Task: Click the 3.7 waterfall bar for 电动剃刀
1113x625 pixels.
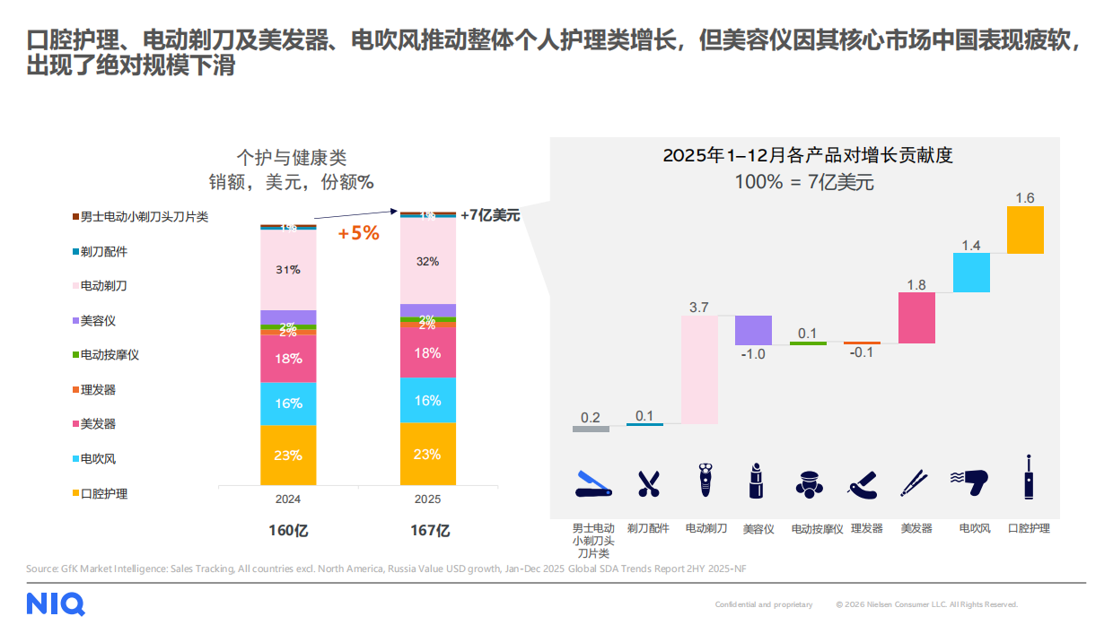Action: [x=699, y=369]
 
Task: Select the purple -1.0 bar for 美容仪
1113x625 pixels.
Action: [x=753, y=330]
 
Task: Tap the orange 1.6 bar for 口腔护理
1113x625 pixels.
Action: [x=1025, y=230]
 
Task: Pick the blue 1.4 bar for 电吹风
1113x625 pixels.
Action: [x=971, y=273]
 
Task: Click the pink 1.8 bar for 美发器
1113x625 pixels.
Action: [x=916, y=317]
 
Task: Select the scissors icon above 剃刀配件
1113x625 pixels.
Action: [x=648, y=483]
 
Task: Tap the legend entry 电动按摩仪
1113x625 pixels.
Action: [x=110, y=355]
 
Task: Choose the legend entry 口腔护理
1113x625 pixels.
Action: [x=103, y=493]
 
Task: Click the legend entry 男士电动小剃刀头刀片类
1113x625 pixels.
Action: [x=144, y=217]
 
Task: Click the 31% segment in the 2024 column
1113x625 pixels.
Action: [x=288, y=270]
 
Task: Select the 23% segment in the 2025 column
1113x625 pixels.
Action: [x=427, y=454]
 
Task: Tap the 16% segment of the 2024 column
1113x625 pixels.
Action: [x=288, y=404]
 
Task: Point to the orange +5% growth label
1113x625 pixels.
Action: [x=358, y=234]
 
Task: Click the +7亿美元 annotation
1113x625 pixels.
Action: [x=489, y=215]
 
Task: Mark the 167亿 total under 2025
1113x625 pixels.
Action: [x=430, y=530]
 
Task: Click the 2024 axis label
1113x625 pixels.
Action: [x=288, y=499]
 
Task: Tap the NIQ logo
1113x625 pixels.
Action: [x=56, y=603]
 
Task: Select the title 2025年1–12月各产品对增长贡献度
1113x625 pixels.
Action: [x=807, y=155]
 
